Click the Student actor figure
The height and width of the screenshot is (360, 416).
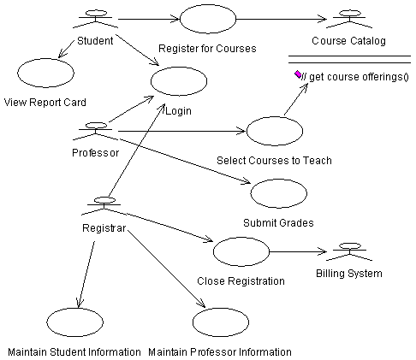pos(95,19)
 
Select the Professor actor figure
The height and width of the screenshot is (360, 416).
pos(95,132)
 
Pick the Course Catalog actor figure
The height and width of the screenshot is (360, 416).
pos(349,19)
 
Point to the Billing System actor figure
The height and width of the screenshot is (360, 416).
pos(349,251)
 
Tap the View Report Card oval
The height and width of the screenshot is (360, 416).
pos(45,73)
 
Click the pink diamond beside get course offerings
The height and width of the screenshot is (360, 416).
pos(298,74)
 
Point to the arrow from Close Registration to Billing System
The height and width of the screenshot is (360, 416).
pos(298,251)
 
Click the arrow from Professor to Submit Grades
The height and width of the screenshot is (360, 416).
pos(185,161)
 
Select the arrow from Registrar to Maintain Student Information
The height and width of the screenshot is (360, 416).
pos(86,274)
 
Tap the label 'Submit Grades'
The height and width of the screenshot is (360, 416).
pos(278,222)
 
